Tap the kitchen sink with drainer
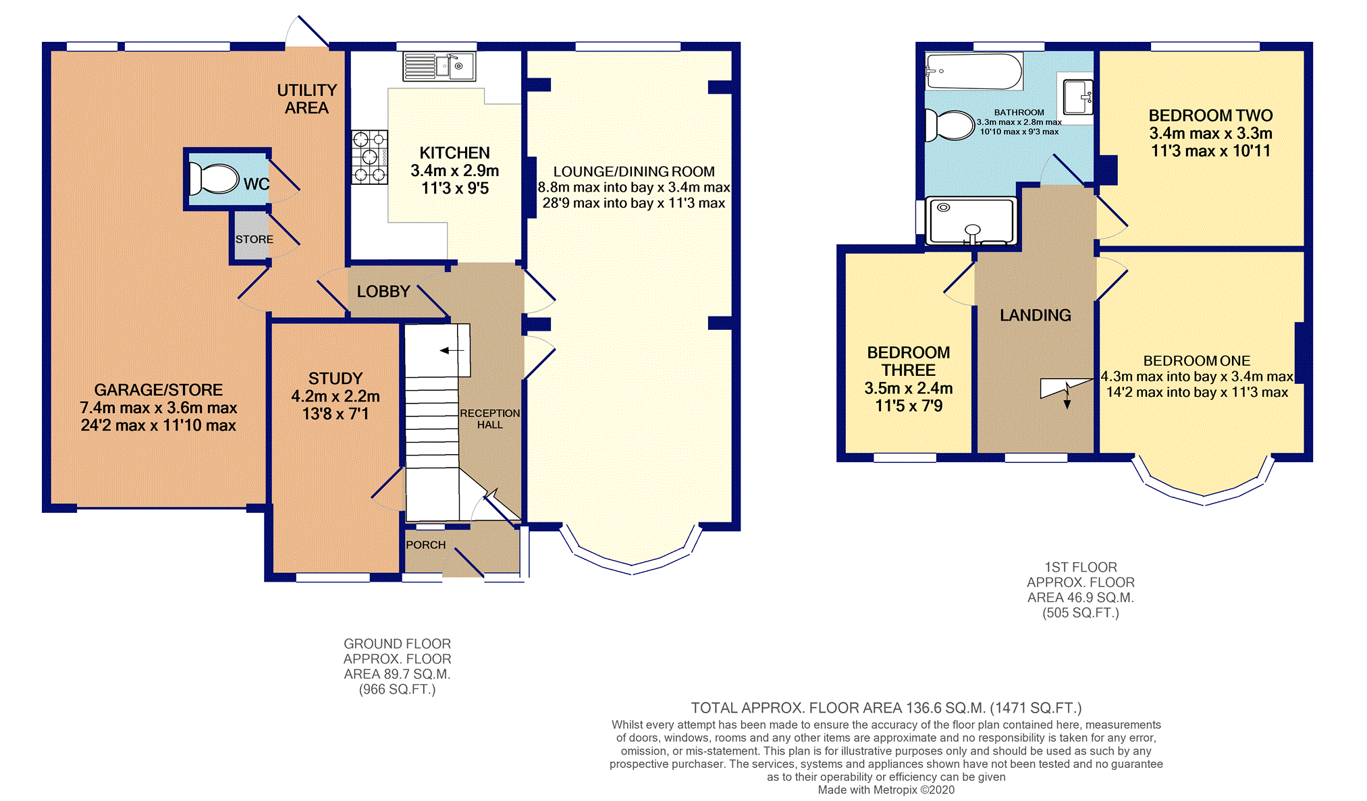pyautogui.click(x=439, y=66)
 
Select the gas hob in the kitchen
pyautogui.click(x=369, y=157)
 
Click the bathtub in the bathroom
pyautogui.click(x=973, y=72)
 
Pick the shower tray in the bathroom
pyautogui.click(x=971, y=221)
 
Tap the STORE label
pyautogui.click(x=254, y=240)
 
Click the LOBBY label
pyautogui.click(x=383, y=292)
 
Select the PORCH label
pyautogui.click(x=425, y=545)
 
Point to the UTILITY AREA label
pyautogui.click(x=307, y=99)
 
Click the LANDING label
pyautogui.click(x=1036, y=315)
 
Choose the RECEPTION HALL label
pyautogui.click(x=490, y=418)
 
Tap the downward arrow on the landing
pyautogui.click(x=1067, y=395)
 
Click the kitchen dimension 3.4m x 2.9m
pyautogui.click(x=455, y=171)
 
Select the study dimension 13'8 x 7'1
pyautogui.click(x=336, y=414)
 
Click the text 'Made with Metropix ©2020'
pyautogui.click(x=886, y=790)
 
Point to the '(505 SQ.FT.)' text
pyautogui.click(x=1081, y=613)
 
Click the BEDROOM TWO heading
pyautogui.click(x=1211, y=115)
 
